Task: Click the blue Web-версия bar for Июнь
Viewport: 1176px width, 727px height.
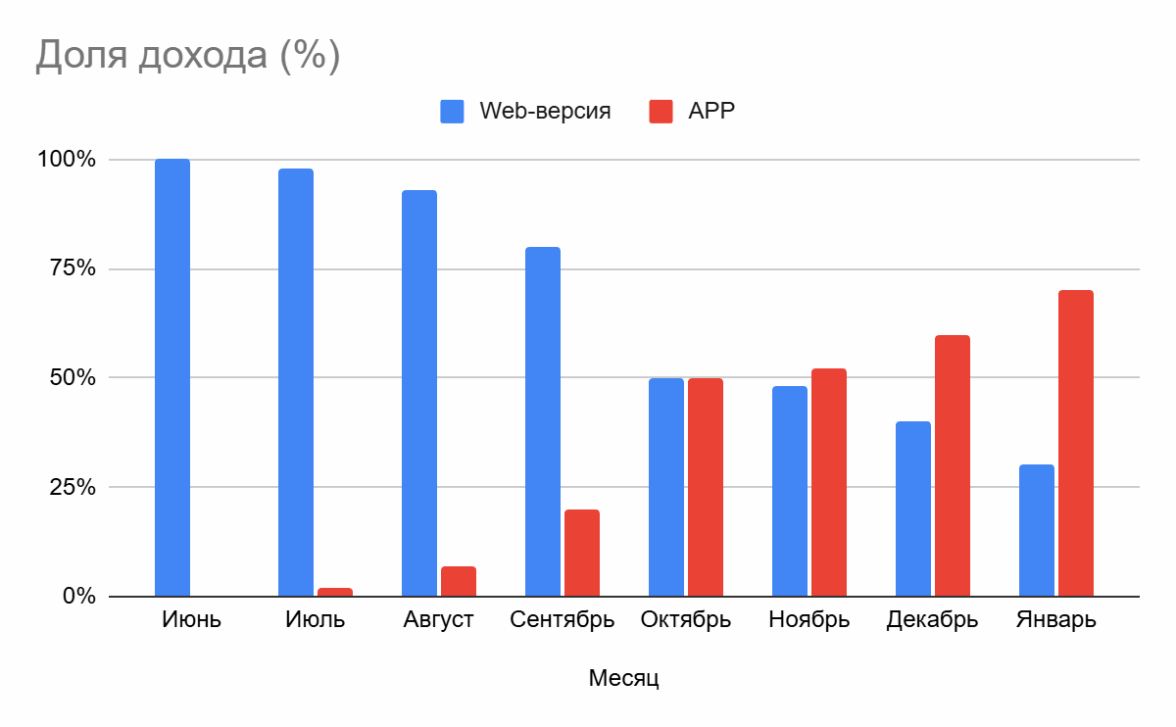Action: click(172, 378)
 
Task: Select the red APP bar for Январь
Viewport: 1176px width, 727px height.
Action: click(1076, 443)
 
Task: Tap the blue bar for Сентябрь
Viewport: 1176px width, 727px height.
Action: click(543, 421)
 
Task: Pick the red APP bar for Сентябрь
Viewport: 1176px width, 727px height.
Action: click(582, 553)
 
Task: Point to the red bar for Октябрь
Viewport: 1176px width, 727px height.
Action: click(705, 487)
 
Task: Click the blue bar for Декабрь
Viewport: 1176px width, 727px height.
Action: click(913, 509)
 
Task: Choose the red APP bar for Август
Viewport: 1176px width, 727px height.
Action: click(458, 581)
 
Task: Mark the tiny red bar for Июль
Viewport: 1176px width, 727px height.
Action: click(335, 592)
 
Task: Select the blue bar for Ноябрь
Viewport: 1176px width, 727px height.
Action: click(790, 491)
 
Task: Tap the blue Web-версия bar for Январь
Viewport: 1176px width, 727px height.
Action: click(1037, 530)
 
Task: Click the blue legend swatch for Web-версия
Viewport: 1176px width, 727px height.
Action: click(452, 111)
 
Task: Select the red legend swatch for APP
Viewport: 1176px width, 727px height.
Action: click(661, 111)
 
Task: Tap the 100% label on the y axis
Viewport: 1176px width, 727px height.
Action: click(66, 160)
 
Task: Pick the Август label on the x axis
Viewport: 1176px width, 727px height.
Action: click(439, 621)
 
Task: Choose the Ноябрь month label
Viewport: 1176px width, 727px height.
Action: click(809, 621)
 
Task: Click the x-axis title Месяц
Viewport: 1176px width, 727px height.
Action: click(624, 678)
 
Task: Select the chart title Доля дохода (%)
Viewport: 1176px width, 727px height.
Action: click(188, 56)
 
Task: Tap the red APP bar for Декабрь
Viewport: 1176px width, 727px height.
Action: click(952, 466)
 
